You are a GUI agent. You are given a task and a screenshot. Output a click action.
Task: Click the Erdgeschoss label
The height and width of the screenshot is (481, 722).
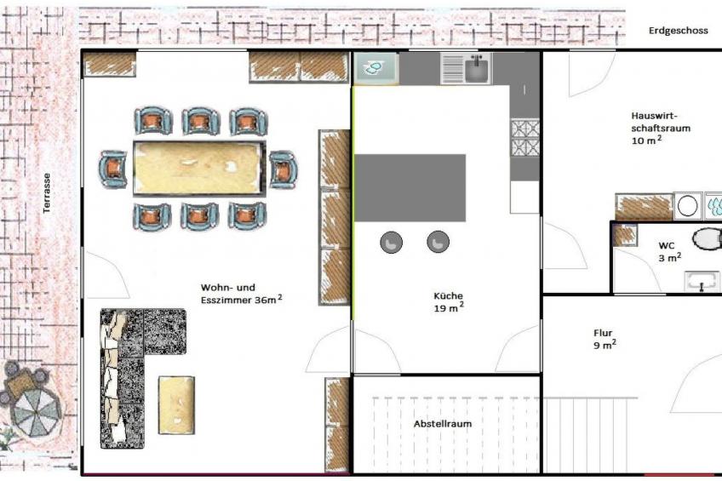[679, 31]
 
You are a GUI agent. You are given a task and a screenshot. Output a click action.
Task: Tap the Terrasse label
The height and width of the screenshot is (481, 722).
[46, 193]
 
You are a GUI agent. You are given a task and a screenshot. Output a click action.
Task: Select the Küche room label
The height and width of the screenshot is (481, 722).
[449, 302]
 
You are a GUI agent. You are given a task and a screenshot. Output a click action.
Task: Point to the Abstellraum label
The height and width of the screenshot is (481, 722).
[443, 424]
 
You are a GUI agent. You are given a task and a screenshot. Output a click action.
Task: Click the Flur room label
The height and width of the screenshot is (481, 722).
[605, 338]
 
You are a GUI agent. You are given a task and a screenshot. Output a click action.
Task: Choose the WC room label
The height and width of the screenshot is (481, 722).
[669, 252]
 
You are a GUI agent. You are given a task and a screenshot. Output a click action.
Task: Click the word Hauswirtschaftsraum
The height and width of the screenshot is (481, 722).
[661, 122]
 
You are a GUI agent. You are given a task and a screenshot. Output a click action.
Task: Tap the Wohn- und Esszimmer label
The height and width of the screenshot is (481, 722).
[241, 294]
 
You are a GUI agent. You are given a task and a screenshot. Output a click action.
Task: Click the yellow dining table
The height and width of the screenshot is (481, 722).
[199, 169]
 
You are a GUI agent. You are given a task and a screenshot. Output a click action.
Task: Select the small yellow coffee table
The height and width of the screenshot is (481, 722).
[176, 405]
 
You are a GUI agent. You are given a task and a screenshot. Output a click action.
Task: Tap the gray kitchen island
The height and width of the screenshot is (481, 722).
[410, 188]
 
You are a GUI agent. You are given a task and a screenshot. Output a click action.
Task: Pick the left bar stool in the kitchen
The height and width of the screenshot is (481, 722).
[392, 242]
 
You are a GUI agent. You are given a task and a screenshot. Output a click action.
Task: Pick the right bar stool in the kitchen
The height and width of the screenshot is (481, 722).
[438, 242]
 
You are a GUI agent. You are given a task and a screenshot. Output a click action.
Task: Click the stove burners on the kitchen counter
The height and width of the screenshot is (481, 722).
[525, 138]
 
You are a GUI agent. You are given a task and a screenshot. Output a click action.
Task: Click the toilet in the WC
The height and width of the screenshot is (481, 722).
[707, 240]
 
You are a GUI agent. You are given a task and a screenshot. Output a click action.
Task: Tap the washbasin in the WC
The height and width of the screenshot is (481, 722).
[702, 281]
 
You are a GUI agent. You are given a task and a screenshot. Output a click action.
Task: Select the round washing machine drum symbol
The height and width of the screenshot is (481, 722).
[687, 207]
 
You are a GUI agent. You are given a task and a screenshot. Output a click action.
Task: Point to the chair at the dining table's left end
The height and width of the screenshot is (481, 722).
[112, 169]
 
